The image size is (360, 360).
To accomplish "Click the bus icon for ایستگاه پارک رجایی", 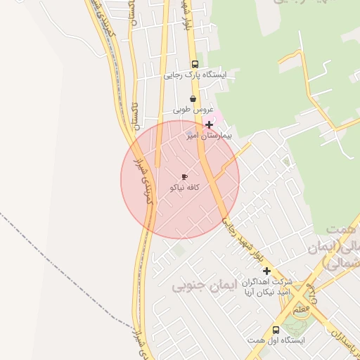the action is point(195,63).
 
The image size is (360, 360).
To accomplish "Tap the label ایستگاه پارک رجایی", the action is point(195,75).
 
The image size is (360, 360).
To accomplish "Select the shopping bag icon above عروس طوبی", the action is point(193,99).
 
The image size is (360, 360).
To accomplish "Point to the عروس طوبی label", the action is point(193,110).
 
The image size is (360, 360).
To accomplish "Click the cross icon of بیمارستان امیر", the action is point(208,124).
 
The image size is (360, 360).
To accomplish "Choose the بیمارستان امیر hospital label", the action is point(208,135).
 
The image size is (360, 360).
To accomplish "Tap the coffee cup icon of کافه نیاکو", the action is point(184,177).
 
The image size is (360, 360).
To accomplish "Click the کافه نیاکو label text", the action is point(185,188).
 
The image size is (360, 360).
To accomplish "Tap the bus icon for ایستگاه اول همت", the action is point(276,329).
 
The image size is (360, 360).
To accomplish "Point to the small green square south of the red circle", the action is point(181,249).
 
